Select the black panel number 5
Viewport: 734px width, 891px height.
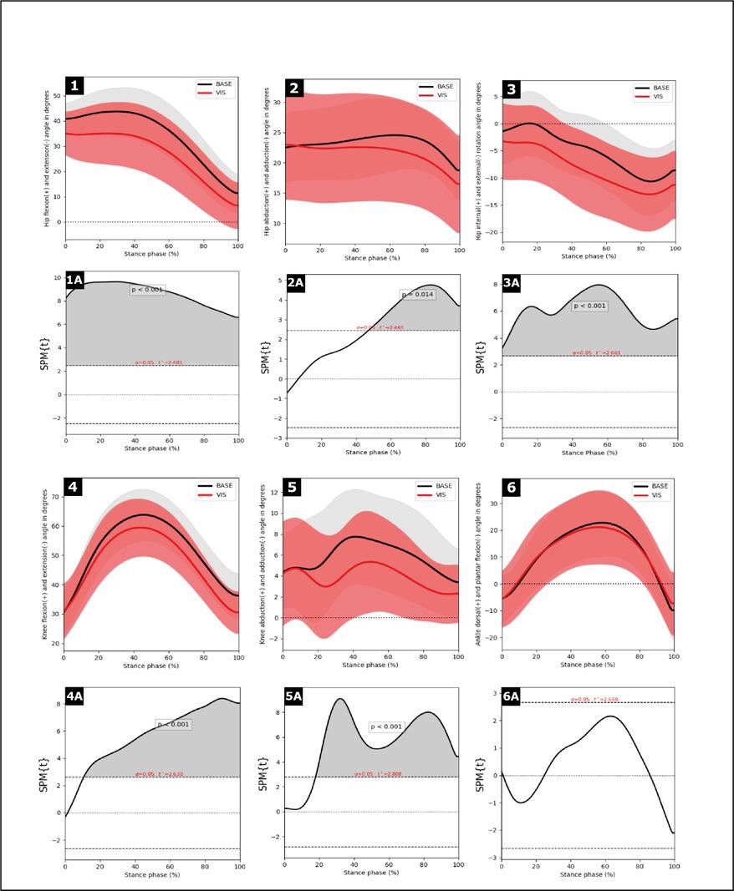pos(293,488)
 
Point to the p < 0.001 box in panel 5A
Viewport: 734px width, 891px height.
pos(386,726)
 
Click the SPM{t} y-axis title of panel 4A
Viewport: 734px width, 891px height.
pos(44,774)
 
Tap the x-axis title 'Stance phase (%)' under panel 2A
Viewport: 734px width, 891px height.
pos(371,452)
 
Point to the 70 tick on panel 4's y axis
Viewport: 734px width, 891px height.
pos(54,497)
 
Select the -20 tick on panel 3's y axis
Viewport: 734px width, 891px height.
pos(493,232)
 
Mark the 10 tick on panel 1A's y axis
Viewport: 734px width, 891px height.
pos(56,278)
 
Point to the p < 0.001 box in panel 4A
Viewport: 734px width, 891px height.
pos(175,724)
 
